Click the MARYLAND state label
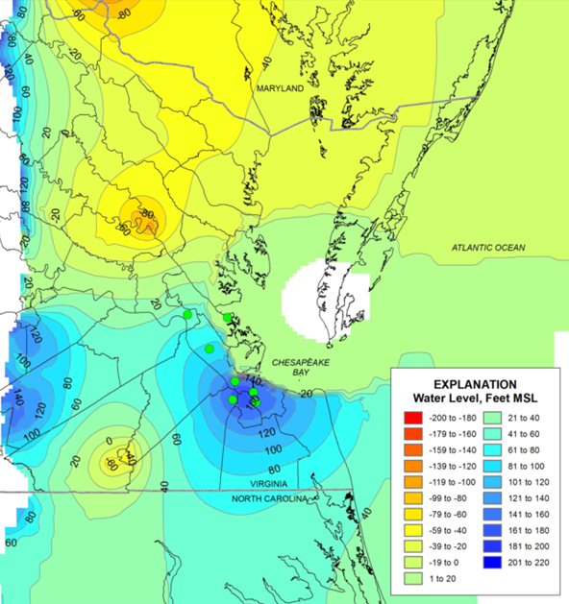click(x=279, y=88)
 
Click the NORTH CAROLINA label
click(x=274, y=500)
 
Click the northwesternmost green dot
click(x=187, y=314)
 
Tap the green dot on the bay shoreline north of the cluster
click(x=228, y=317)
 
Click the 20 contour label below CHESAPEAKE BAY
click(x=306, y=393)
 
